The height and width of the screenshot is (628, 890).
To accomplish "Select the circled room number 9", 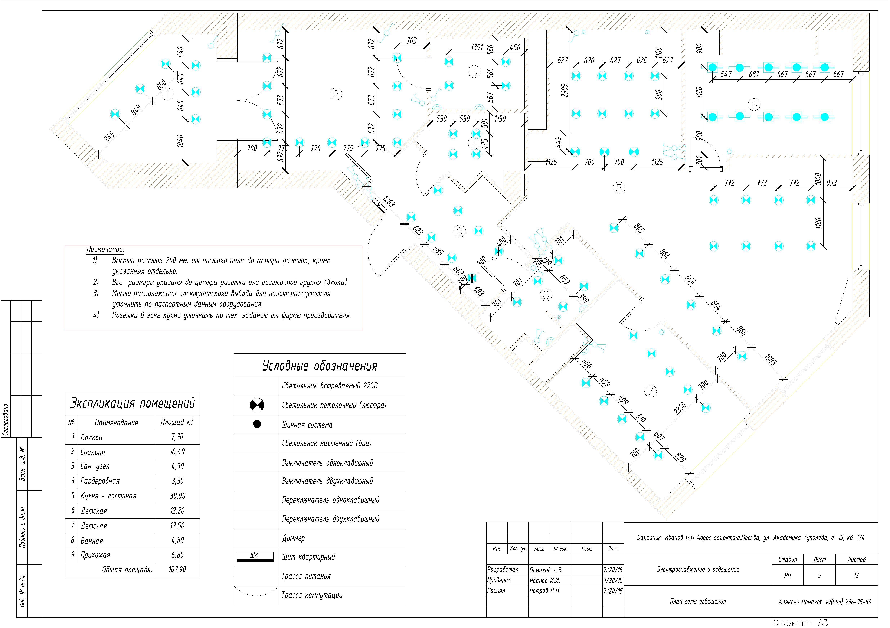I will tap(459, 231).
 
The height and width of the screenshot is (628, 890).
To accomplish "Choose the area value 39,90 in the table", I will tap(177, 496).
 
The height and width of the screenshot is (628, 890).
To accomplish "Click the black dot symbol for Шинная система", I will tap(257, 424).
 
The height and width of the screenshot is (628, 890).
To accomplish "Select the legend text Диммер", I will tap(293, 538).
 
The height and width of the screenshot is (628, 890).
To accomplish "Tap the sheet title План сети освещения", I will tap(698, 602).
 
